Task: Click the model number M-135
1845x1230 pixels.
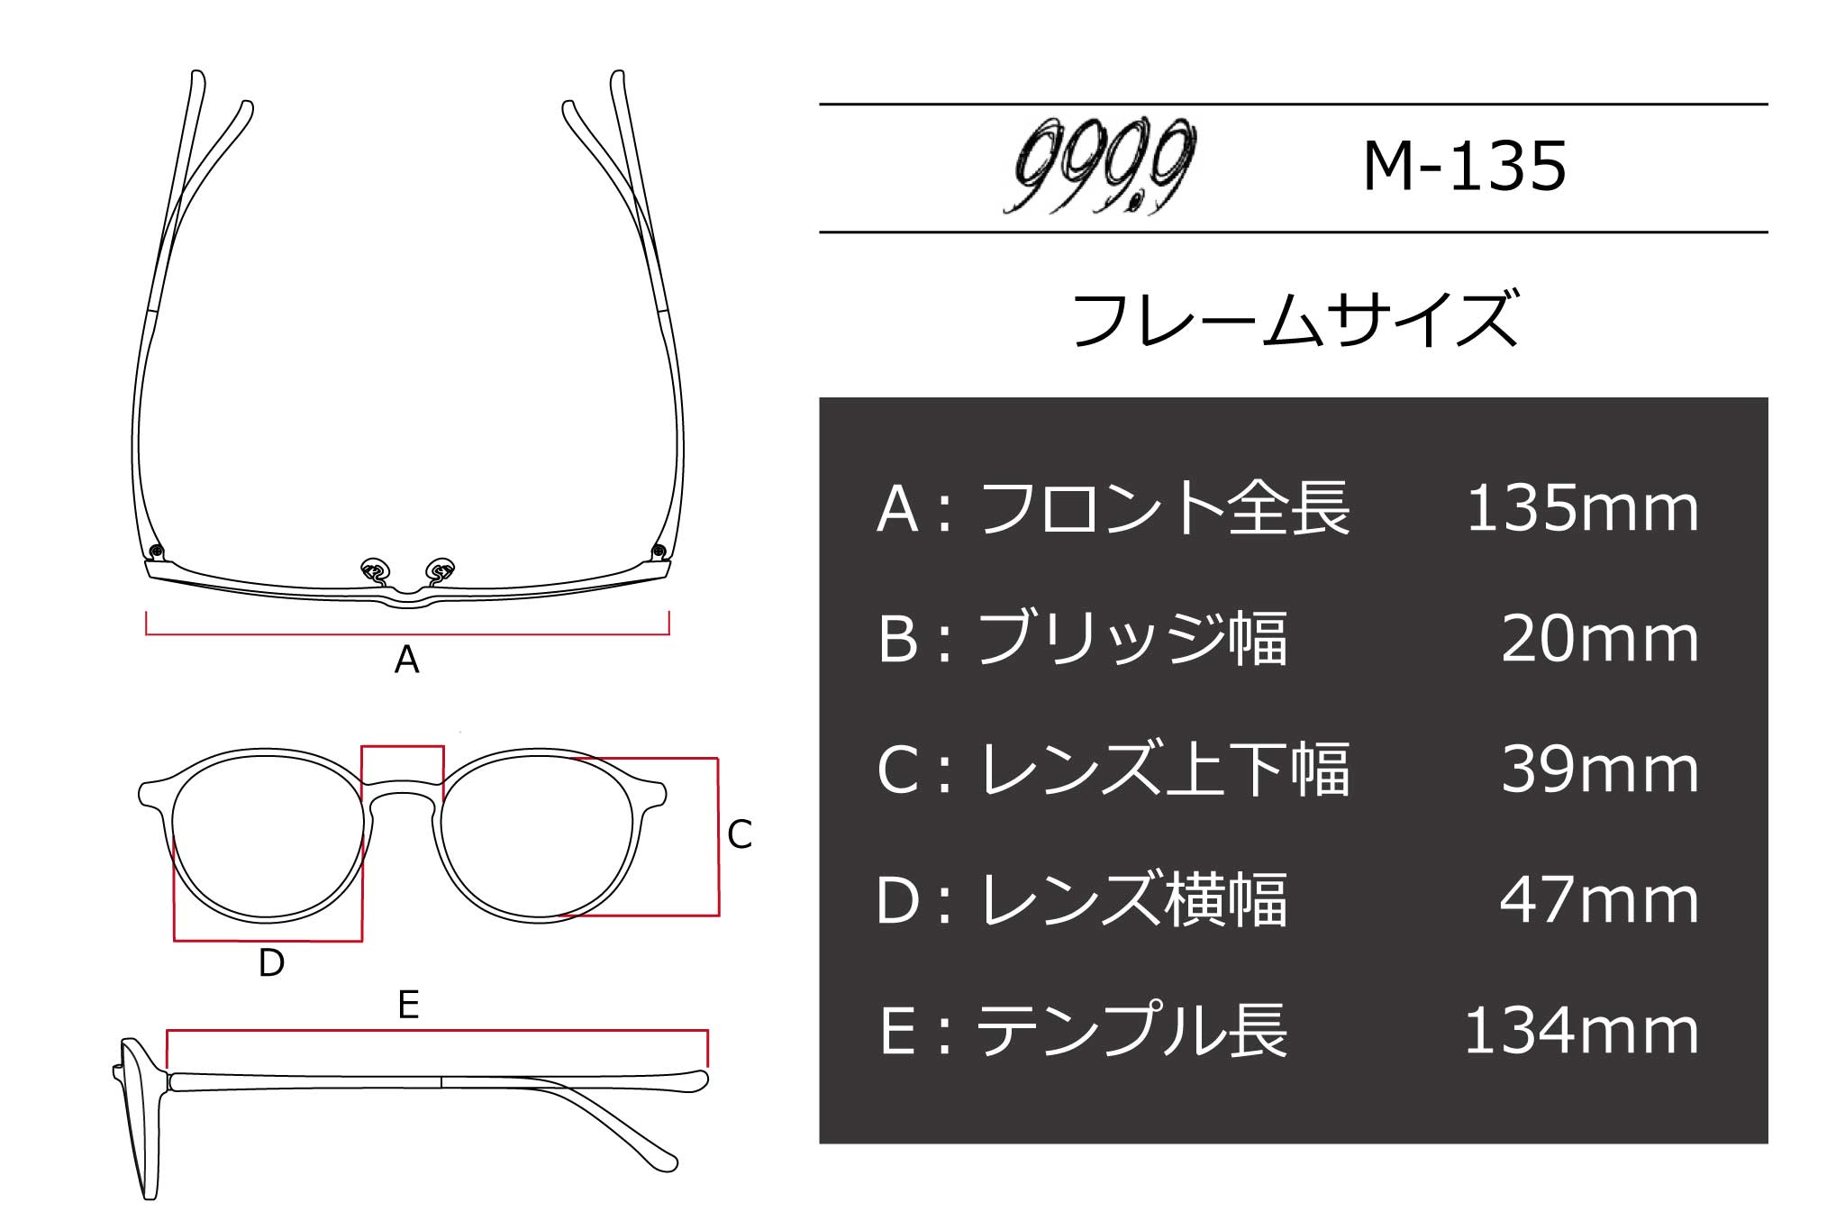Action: pos(1465,168)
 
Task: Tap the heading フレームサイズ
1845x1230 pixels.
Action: pos(1295,320)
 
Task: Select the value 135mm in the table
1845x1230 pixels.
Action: pos(1582,509)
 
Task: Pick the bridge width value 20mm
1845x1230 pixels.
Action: pos(1599,639)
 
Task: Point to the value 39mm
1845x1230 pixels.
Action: pos(1599,770)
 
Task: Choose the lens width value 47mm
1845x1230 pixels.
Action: pos(1599,900)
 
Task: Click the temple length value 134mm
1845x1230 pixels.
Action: pos(1582,1031)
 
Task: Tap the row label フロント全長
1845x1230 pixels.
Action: pos(1164,509)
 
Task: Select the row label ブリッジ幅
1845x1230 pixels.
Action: pos(1132,639)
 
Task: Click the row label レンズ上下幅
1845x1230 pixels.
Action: pos(1164,770)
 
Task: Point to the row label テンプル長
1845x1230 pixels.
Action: pos(1132,1031)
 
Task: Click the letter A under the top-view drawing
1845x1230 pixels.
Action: pos(406,661)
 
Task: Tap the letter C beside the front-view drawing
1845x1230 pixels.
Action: pos(739,835)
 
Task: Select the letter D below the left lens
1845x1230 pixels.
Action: pos(271,963)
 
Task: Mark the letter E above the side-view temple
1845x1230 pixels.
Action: pos(408,1005)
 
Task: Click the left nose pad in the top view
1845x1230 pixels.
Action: pos(374,569)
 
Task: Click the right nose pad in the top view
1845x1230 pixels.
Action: pos(441,569)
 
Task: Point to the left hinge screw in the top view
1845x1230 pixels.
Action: pos(157,551)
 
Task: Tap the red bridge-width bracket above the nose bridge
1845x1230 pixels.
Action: pos(403,747)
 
